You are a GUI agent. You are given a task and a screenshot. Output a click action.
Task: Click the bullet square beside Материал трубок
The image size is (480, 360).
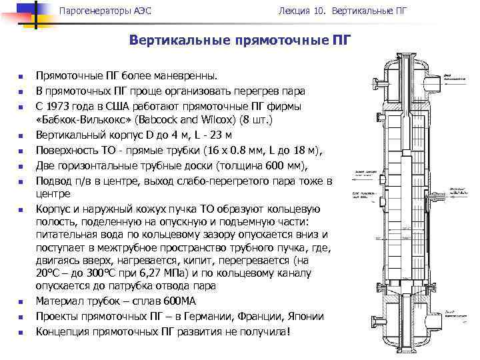coord(21,302)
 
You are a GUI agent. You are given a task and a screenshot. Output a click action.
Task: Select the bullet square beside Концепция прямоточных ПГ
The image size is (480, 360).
coord(21,331)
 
